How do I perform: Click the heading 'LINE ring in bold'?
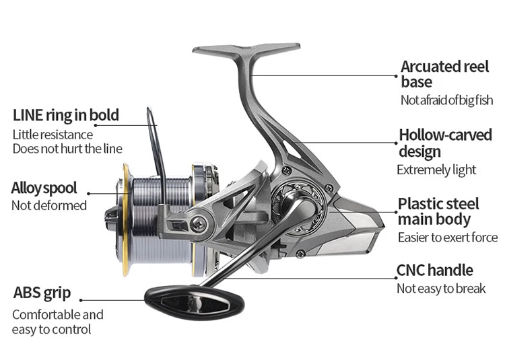click(x=66, y=115)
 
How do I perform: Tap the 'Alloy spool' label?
click(x=44, y=188)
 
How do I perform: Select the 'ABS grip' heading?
click(x=42, y=293)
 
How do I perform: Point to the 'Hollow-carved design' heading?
click(x=445, y=143)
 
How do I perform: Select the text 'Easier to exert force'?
click(x=448, y=237)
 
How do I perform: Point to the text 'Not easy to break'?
click(x=441, y=289)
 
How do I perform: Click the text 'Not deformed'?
click(x=49, y=205)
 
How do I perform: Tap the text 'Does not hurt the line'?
click(x=67, y=149)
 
